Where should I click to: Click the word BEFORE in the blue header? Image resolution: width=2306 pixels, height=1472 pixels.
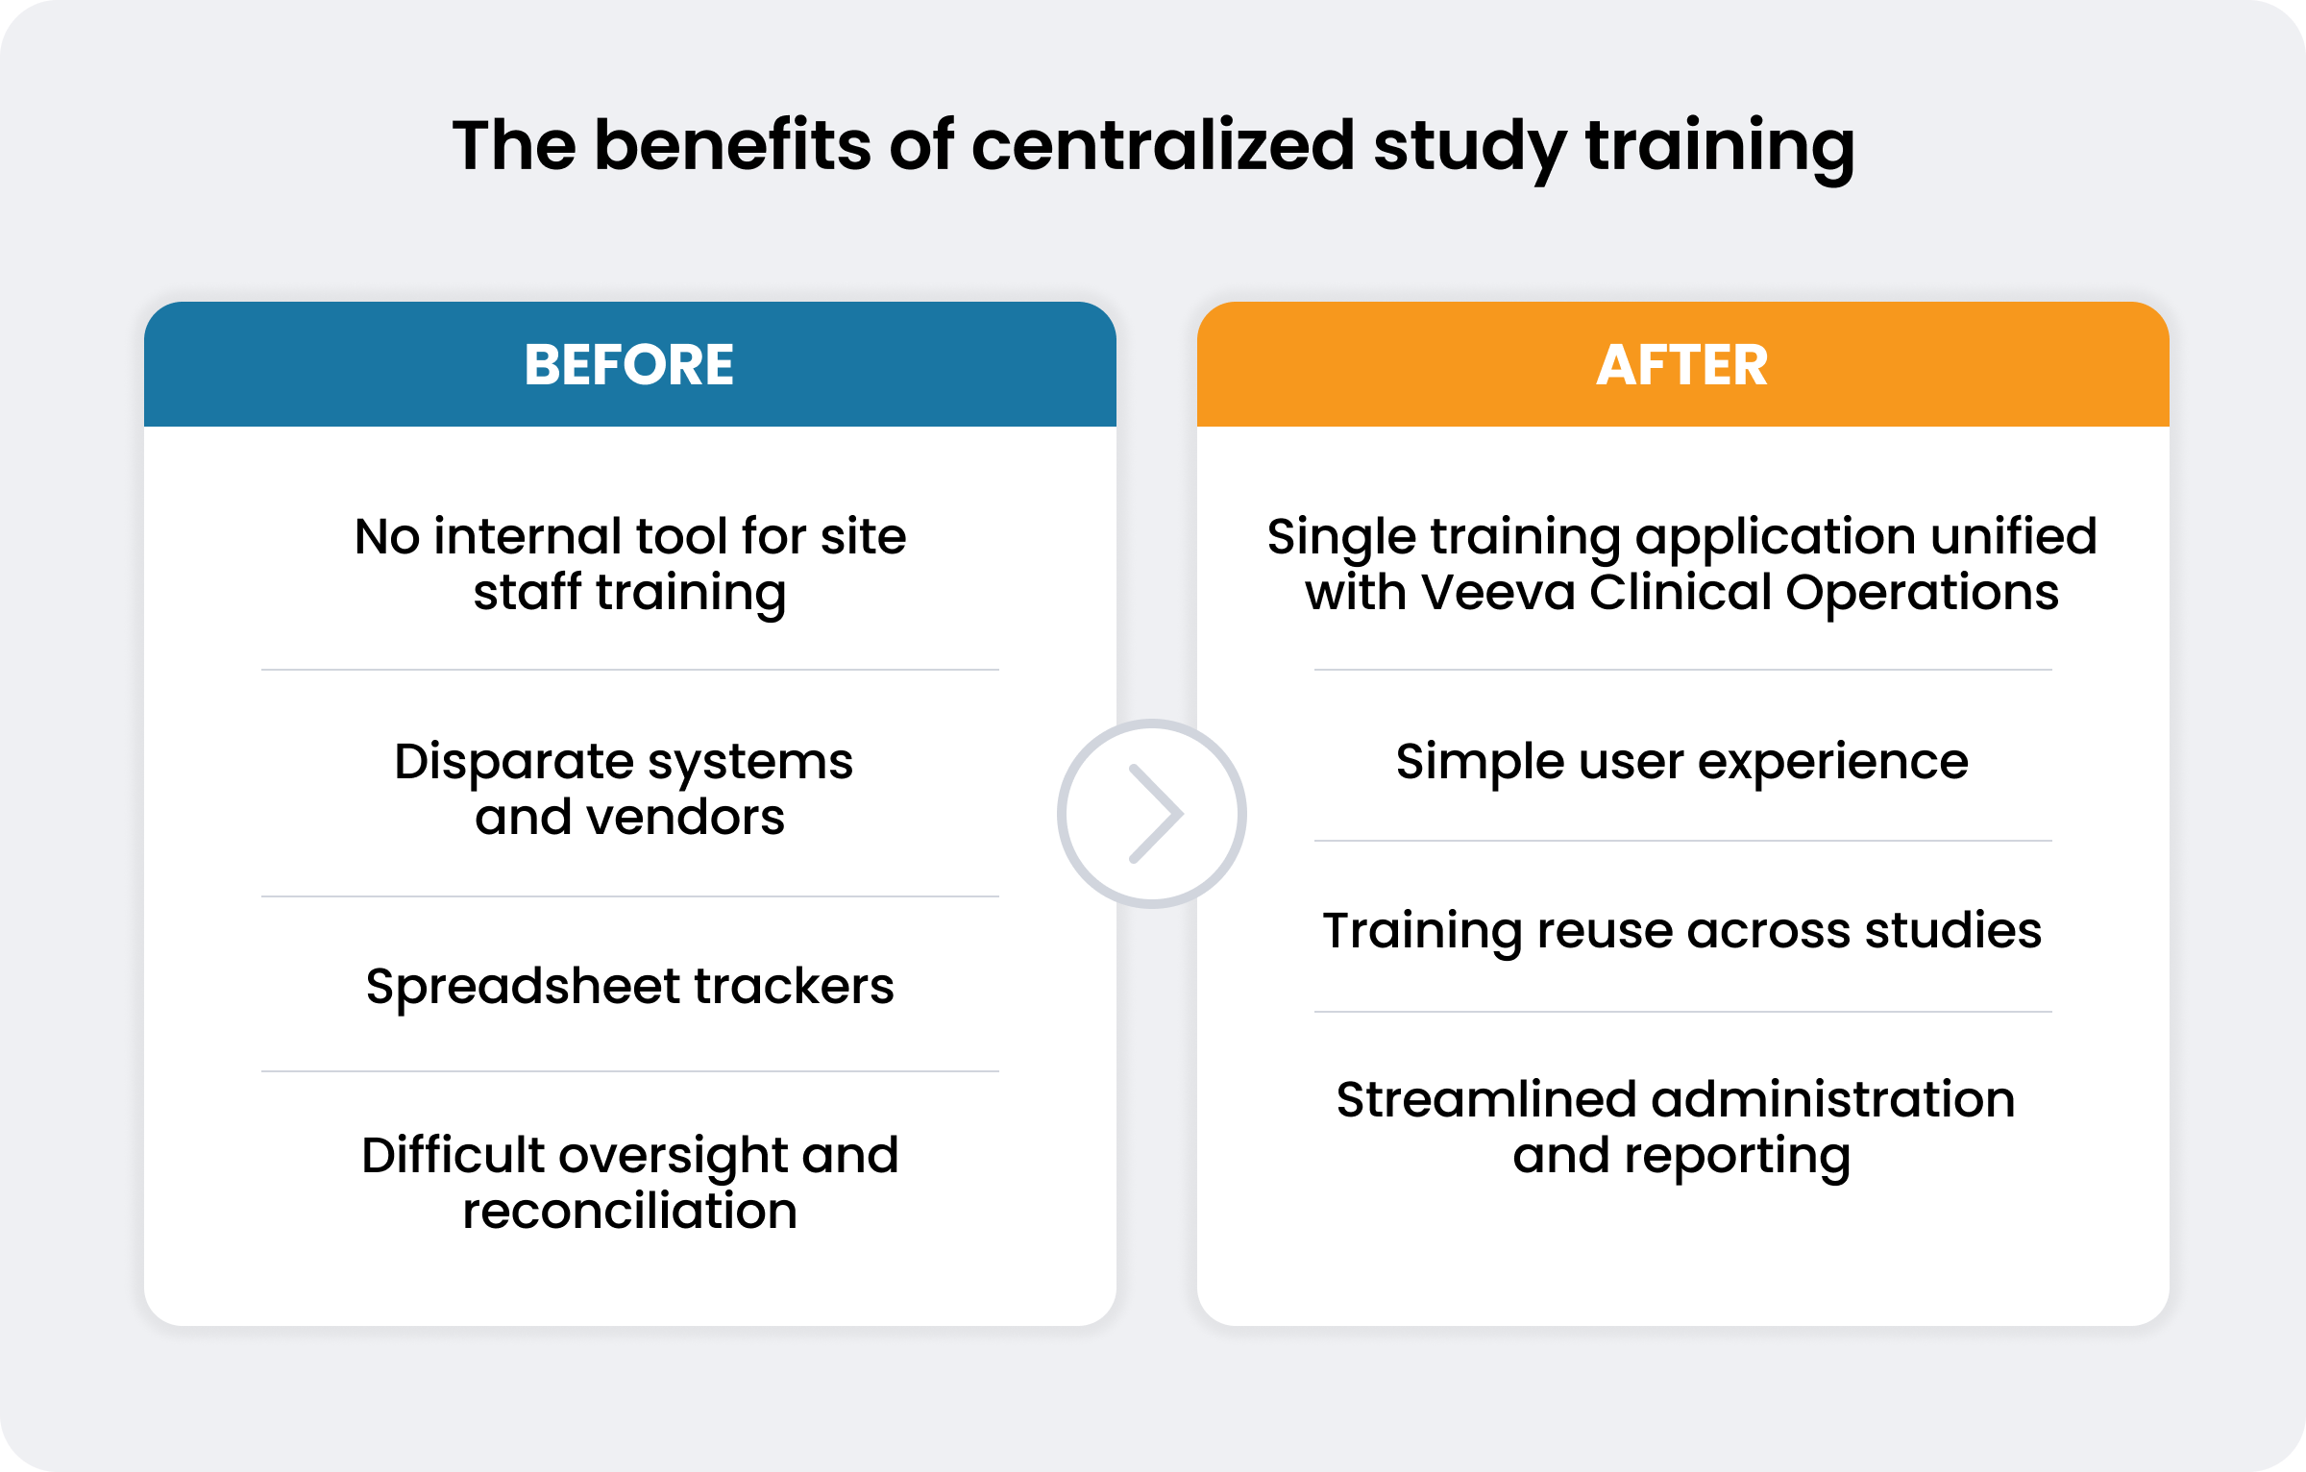pos(629,365)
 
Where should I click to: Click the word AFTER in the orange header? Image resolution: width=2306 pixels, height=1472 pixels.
pos(1682,365)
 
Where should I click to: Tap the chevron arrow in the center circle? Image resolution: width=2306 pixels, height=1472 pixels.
pos(1156,814)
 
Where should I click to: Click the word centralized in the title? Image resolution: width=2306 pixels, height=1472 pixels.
pos(1163,145)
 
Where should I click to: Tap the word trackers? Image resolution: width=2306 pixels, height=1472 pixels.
pos(794,987)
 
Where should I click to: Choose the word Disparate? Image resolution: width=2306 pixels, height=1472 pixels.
pos(514,763)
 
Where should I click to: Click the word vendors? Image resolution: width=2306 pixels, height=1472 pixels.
pos(685,819)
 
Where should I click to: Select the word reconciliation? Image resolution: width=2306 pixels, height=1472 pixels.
pos(630,1211)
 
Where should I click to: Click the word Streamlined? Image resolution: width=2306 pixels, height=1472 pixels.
pos(1485,1099)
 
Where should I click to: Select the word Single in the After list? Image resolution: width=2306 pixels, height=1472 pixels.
pos(1341,538)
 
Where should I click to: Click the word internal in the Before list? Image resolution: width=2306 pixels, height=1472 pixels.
pos(527,536)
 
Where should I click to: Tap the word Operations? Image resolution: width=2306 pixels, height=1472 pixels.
pos(1922,594)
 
